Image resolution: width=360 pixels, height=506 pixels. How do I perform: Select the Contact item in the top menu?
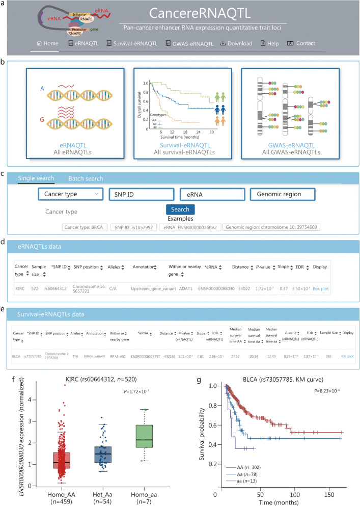pyautogui.click(x=301, y=43)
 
